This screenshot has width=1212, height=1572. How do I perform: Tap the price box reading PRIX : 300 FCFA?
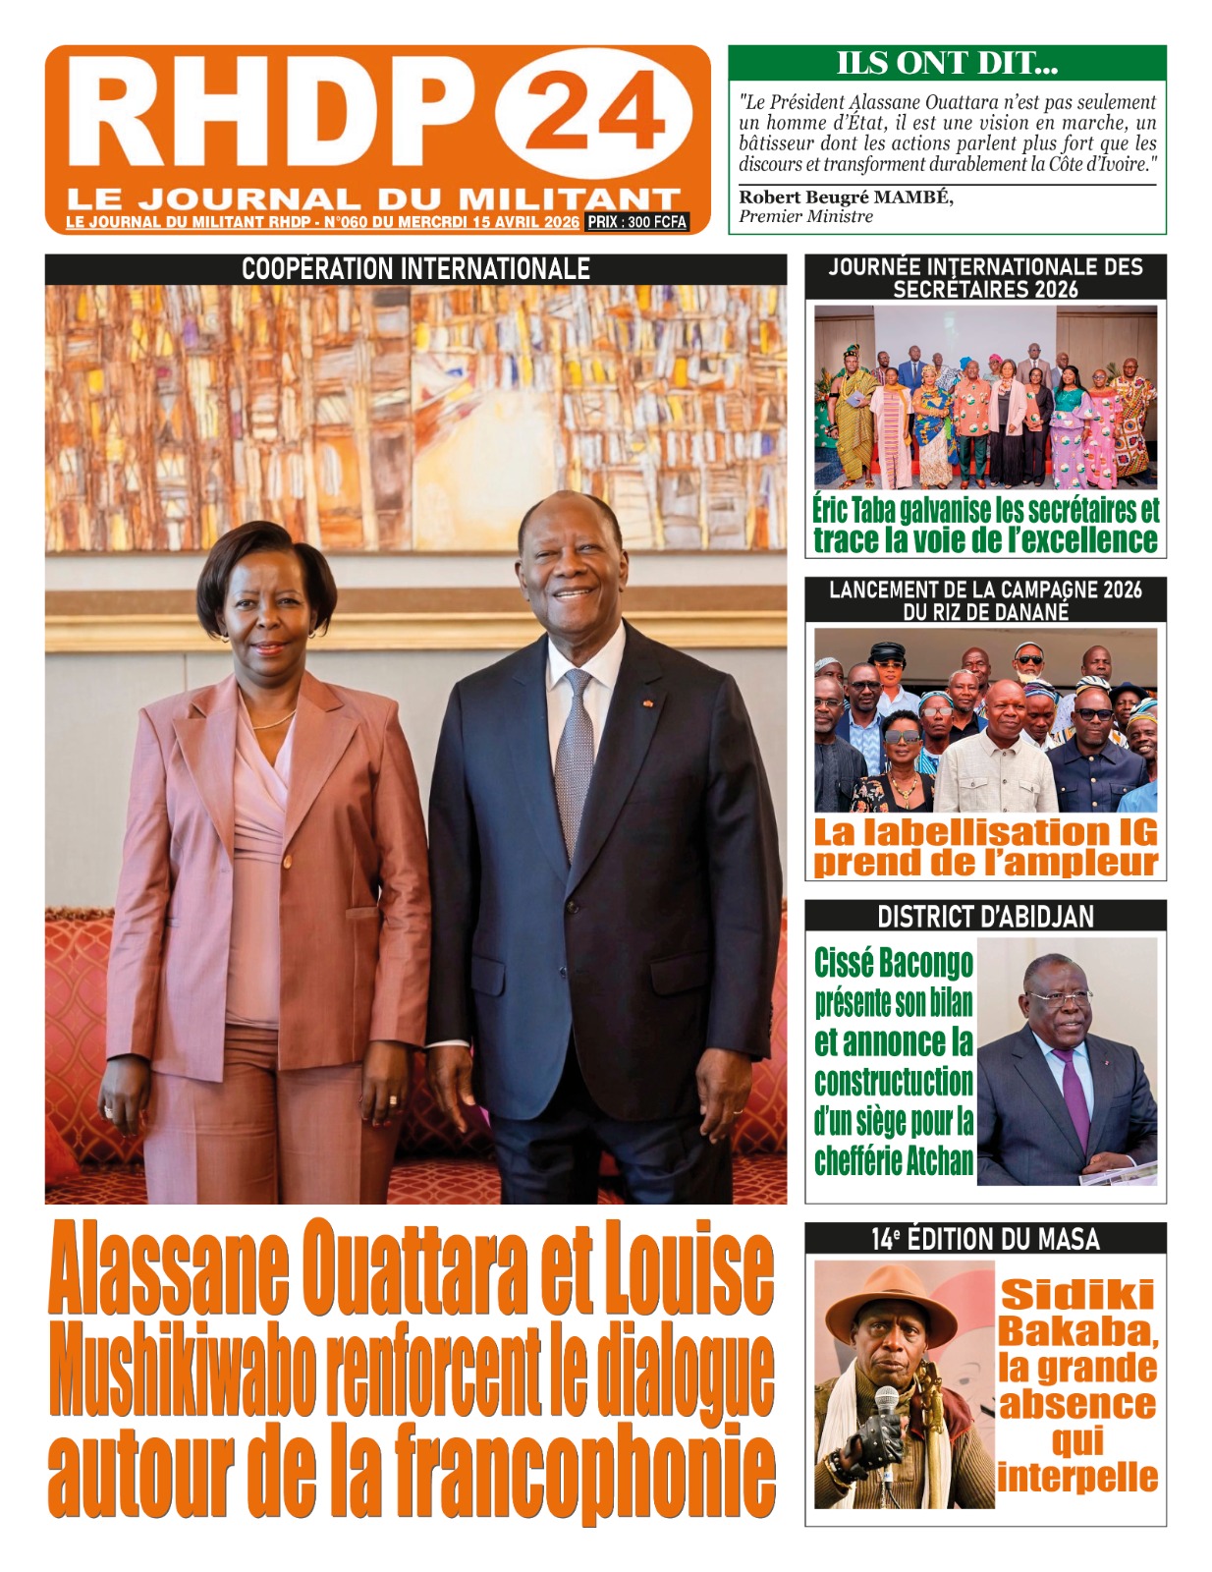coord(636,222)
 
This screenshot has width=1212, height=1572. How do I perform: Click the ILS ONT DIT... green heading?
coord(947,63)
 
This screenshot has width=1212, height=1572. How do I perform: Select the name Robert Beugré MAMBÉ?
coord(846,196)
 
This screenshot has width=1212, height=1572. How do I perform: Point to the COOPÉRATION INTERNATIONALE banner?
coord(415,269)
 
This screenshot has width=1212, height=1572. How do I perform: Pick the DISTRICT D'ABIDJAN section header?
coord(985,917)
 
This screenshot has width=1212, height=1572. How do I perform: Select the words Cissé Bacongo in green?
coord(894,963)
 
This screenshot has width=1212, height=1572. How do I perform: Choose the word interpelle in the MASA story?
coord(1077,1477)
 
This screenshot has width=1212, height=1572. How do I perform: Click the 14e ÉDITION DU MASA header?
coord(985,1239)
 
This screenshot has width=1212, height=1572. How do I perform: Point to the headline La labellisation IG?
coord(985,833)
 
